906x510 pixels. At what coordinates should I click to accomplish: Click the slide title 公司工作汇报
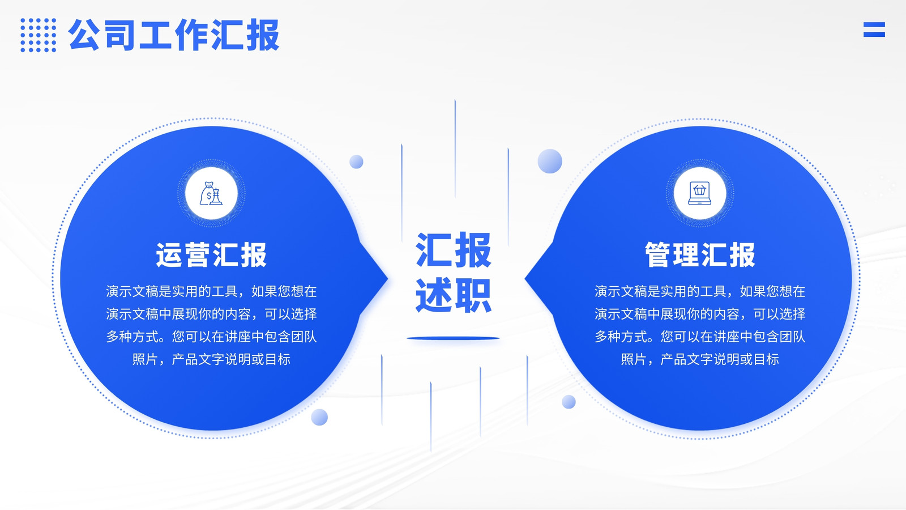pos(174,35)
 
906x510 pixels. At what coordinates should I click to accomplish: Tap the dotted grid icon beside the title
pos(39,35)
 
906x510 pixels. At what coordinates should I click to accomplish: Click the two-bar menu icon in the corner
pos(874,29)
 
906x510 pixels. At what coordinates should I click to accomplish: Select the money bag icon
pos(211,193)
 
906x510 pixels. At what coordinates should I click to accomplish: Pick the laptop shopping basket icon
pos(700,193)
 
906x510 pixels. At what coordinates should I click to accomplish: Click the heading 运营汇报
pos(212,255)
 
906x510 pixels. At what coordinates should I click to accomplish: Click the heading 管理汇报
pos(700,255)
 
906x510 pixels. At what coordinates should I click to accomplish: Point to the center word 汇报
pos(454,250)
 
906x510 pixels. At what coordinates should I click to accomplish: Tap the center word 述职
pos(454,295)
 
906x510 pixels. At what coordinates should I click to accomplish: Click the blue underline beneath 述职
pos(453,338)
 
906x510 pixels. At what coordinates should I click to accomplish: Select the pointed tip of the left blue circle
pos(388,278)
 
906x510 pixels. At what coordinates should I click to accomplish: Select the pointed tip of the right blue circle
pos(525,278)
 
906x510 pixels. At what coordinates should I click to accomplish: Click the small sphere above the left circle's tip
pos(356,161)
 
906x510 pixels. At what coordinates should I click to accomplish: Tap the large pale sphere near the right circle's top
pos(550,161)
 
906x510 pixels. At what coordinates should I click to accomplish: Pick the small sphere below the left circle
pos(319,417)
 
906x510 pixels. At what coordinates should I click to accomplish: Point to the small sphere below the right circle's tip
pos(569,402)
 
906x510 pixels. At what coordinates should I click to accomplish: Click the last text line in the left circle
pos(212,359)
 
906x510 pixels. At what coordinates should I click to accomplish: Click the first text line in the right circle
pos(700,291)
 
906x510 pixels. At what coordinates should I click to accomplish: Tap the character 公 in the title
pos(84,35)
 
